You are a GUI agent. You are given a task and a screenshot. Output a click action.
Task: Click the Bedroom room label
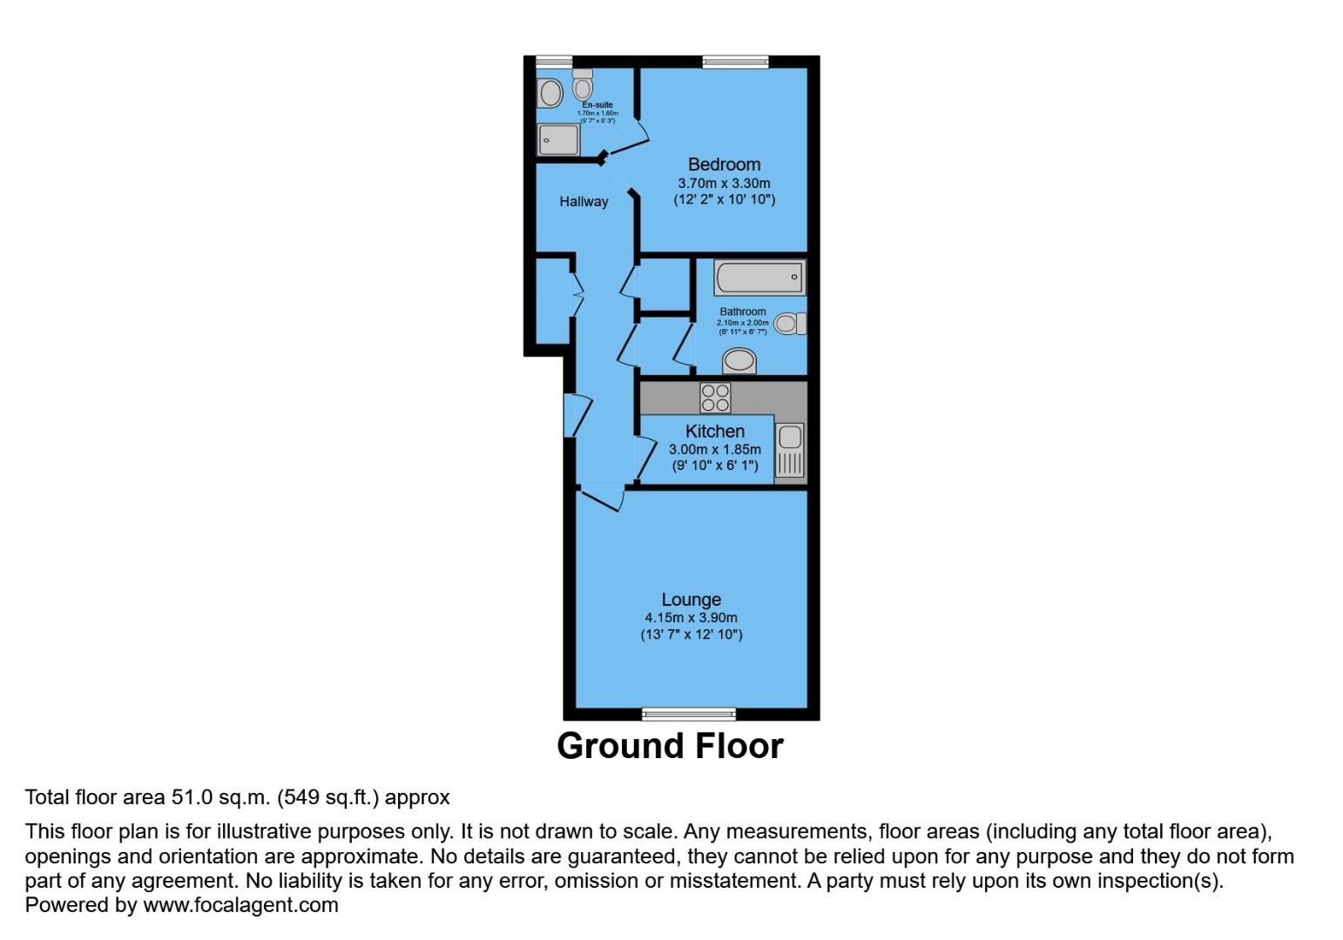(724, 164)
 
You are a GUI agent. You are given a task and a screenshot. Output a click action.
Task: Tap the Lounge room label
(691, 600)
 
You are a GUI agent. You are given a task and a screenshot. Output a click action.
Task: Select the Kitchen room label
(714, 432)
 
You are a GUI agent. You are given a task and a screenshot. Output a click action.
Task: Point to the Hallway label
(584, 202)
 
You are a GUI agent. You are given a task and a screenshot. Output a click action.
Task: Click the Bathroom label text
(742, 312)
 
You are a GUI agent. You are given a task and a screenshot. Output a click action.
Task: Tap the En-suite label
(597, 105)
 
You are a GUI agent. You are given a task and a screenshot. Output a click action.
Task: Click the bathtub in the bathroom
(759, 279)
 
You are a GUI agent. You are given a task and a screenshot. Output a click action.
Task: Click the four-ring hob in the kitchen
(715, 398)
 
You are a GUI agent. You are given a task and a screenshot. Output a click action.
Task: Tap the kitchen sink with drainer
(790, 450)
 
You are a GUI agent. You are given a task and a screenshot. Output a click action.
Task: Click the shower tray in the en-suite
(558, 139)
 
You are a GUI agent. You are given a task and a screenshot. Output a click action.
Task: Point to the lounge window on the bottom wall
(688, 715)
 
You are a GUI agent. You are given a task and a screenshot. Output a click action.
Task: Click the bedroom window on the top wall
(735, 61)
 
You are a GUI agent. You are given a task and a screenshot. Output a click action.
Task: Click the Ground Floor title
(670, 746)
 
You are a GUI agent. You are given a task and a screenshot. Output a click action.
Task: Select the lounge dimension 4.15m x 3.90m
(691, 618)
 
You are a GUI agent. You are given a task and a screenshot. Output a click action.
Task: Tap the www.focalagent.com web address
(240, 905)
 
